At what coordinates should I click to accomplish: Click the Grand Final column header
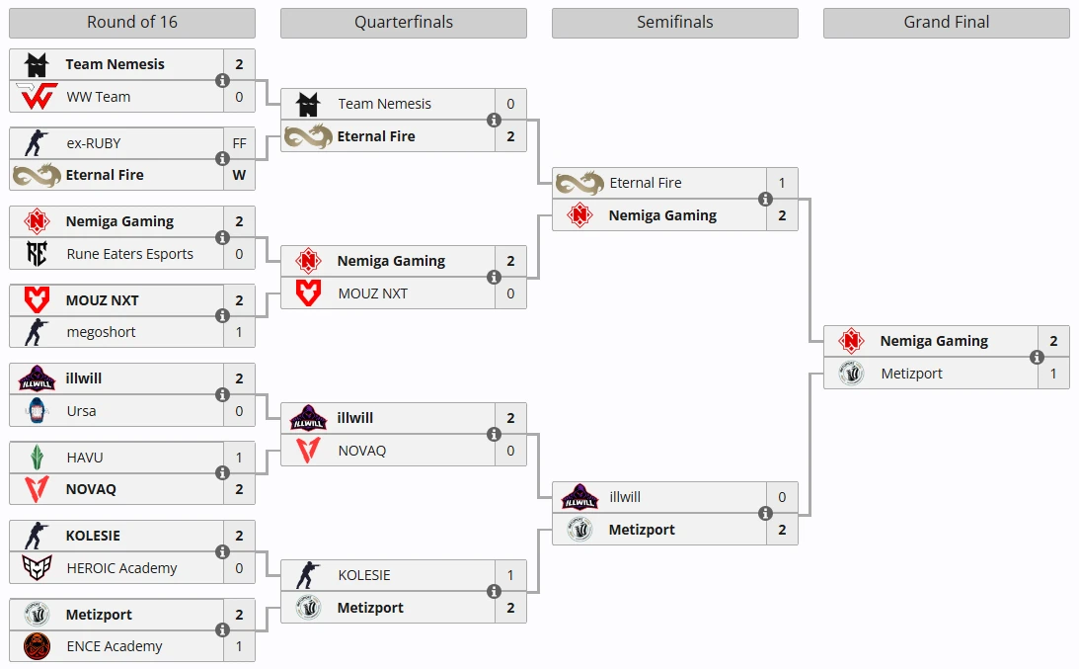[946, 23]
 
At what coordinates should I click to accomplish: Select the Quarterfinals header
[403, 23]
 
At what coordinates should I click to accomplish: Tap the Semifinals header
[674, 23]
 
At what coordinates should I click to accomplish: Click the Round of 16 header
[131, 23]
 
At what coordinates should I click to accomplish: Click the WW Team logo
[37, 97]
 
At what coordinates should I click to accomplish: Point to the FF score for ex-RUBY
[239, 143]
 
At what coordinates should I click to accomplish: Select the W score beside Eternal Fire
[239, 175]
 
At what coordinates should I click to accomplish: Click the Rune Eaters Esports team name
[130, 254]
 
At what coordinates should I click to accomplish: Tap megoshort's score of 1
[239, 332]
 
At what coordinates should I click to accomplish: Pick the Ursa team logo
[37, 411]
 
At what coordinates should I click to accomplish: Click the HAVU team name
[85, 458]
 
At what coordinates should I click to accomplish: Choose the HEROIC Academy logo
[37, 568]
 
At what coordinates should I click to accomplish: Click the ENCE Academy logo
[37, 646]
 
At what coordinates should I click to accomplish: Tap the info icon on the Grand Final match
[1037, 357]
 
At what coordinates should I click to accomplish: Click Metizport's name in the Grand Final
[911, 374]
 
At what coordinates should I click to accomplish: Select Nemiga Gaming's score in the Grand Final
[1053, 341]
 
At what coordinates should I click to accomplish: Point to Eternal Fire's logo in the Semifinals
[579, 183]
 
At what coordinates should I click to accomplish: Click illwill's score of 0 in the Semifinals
[782, 498]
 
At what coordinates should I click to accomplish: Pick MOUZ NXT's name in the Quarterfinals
[372, 293]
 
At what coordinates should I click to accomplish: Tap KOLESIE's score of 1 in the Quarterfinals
[510, 575]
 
